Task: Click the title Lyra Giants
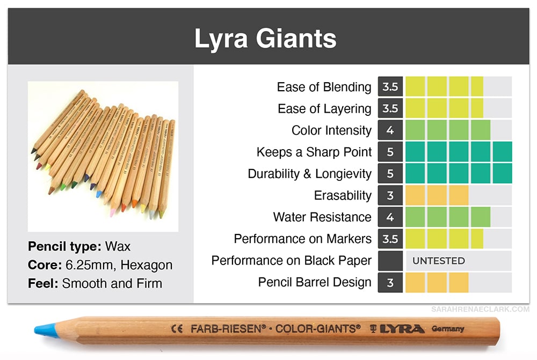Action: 265,38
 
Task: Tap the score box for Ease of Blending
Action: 390,86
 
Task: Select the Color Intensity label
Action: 331,130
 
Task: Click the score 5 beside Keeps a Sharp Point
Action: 390,152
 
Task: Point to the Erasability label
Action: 343,195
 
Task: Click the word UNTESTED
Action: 438,261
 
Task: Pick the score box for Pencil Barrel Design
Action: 390,282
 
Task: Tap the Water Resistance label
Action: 322,217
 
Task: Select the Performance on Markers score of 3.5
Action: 390,239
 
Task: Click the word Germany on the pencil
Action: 448,329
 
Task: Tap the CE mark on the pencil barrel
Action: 177,329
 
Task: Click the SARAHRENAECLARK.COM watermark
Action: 480,310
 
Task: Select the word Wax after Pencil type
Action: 118,246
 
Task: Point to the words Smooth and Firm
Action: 112,283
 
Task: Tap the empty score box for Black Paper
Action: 390,261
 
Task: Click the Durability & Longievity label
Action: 310,174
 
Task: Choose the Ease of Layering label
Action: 324,109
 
